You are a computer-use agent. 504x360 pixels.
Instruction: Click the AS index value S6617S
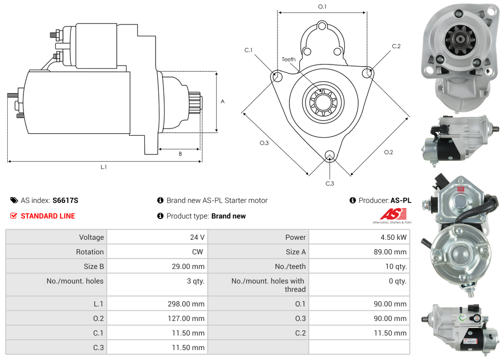coord(66,200)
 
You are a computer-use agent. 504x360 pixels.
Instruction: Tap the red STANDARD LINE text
coord(47,216)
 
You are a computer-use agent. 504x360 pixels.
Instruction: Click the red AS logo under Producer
coord(389,214)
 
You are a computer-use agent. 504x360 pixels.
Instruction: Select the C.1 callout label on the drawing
coord(248,50)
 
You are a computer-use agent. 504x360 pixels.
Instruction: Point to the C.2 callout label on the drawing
coord(396,46)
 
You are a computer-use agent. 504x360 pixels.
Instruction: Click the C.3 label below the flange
coord(330,183)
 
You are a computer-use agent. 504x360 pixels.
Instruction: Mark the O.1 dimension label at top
coord(322,7)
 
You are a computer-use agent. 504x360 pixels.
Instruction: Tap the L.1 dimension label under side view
coord(104,167)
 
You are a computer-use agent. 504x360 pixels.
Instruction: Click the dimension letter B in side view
coord(180,153)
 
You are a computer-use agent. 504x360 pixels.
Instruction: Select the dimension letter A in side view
coord(223,101)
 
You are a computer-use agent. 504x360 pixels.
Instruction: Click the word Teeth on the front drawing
coord(288,59)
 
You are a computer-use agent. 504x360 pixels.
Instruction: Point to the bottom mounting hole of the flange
coord(329,155)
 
